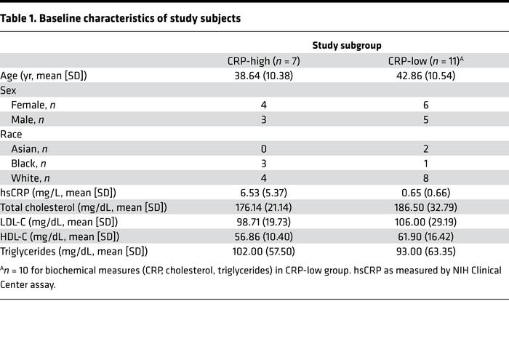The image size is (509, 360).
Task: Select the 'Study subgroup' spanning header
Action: pyautogui.click(x=345, y=45)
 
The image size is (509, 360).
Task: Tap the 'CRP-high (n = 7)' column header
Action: pyautogui.click(x=263, y=60)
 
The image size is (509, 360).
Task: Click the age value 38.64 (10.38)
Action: pyautogui.click(x=263, y=75)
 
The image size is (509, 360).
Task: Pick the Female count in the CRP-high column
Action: pyautogui.click(x=263, y=105)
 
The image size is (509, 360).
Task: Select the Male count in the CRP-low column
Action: pyautogui.click(x=425, y=119)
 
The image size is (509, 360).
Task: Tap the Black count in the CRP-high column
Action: pyautogui.click(x=263, y=163)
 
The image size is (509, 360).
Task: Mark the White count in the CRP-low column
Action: pyautogui.click(x=425, y=177)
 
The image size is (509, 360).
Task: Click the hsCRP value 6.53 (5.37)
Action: pyautogui.click(x=263, y=192)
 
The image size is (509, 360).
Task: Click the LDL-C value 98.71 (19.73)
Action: pyautogui.click(x=263, y=221)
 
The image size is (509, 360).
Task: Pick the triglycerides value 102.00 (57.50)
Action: pyautogui.click(x=263, y=251)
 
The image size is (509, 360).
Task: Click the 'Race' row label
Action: pyautogui.click(x=12, y=134)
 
